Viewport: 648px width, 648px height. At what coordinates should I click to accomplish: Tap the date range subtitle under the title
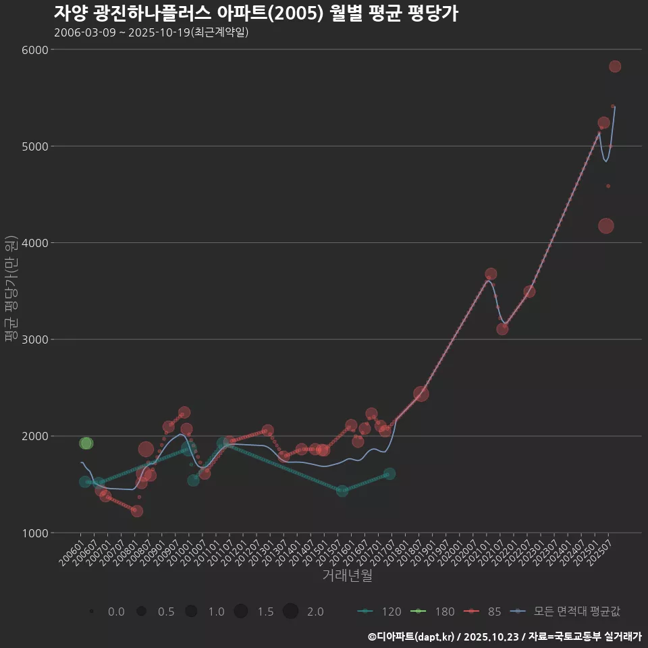click(x=151, y=32)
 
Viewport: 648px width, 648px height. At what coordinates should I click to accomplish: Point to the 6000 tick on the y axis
click(x=35, y=50)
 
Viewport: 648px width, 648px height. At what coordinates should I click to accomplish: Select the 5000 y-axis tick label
click(x=35, y=146)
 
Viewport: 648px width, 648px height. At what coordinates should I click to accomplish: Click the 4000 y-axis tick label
click(x=35, y=243)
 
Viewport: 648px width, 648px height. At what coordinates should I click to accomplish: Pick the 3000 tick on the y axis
click(x=35, y=340)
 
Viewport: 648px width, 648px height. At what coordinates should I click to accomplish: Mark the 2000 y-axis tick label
click(x=35, y=436)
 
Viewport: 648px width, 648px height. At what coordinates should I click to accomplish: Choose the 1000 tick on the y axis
click(x=35, y=533)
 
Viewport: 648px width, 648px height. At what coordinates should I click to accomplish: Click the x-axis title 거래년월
click(x=347, y=575)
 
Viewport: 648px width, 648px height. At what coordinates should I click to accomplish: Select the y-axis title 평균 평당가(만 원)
click(x=11, y=290)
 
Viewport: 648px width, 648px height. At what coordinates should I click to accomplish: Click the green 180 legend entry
click(x=435, y=612)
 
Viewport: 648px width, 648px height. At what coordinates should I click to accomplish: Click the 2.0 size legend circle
click(x=291, y=612)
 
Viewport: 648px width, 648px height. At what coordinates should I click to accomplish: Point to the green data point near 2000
click(x=86, y=443)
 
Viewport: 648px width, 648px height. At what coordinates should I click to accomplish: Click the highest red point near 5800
click(x=615, y=66)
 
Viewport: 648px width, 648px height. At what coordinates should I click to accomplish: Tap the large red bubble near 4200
click(x=606, y=226)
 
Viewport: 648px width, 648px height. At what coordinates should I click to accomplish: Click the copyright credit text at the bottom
click(x=504, y=637)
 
